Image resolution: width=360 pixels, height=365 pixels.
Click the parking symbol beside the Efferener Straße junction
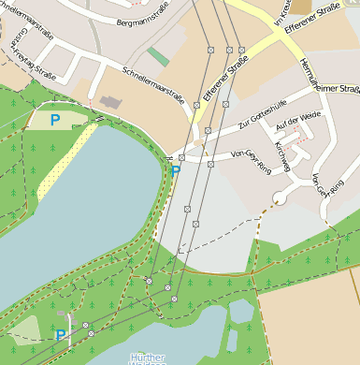[175, 170]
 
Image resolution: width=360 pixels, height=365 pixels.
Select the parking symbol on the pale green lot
[54, 119]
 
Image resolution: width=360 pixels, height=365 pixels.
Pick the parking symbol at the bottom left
[61, 334]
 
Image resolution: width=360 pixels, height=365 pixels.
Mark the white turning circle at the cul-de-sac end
[278, 198]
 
